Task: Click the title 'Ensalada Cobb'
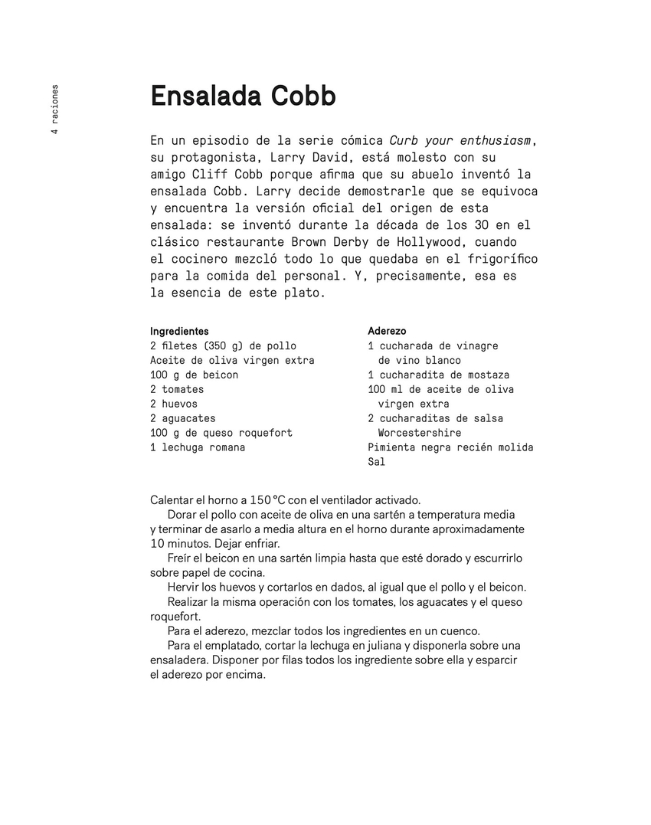tap(243, 97)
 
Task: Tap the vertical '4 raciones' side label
tap(54, 110)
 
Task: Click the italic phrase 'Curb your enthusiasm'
tap(461, 140)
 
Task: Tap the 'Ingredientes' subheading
tap(179, 331)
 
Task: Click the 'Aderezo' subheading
tap(387, 331)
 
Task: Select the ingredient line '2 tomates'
tap(177, 389)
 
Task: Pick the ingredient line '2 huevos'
tap(174, 404)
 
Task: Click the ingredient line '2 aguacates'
tap(183, 418)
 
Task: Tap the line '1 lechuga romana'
tap(198, 447)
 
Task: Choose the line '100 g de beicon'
tap(194, 375)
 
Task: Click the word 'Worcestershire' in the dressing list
tap(419, 433)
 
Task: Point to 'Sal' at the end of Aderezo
tap(376, 462)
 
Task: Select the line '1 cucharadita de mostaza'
tap(438, 375)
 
